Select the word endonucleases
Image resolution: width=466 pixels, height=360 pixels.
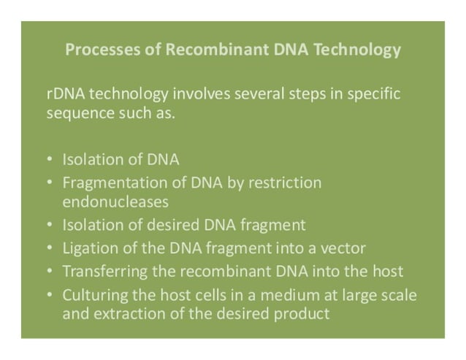(115, 200)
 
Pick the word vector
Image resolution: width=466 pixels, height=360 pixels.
(345, 248)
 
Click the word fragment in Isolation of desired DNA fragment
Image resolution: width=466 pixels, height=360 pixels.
(277, 224)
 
